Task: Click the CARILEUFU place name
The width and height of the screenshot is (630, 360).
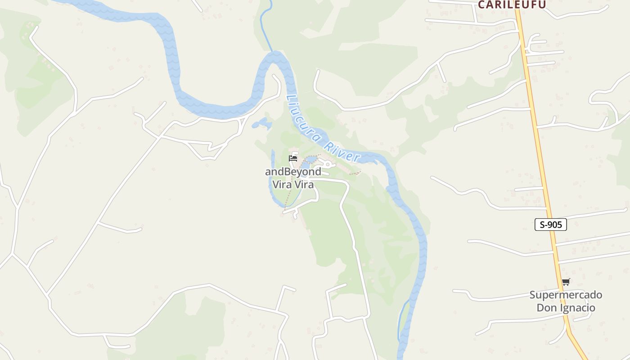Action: click(512, 4)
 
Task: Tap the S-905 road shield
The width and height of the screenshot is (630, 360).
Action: click(550, 225)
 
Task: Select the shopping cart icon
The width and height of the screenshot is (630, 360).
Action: click(566, 282)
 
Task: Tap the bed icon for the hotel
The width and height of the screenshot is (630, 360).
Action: click(293, 158)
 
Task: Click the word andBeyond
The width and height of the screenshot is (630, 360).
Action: click(293, 171)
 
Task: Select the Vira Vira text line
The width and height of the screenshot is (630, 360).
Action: click(293, 184)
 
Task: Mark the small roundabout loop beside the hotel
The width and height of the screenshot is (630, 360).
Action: click(328, 165)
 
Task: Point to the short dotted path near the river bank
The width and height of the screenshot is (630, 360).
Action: click(355, 173)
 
